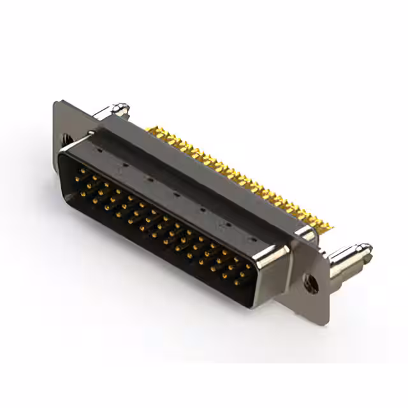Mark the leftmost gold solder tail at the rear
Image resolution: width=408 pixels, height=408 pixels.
pos(149,130)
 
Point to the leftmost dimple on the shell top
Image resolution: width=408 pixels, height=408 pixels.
pos(99,152)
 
